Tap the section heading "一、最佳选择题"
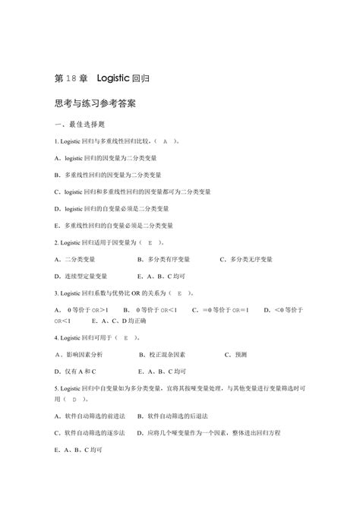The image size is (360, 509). click(x=83, y=124)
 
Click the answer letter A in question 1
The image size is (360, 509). click(x=165, y=141)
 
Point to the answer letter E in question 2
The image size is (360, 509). click(x=150, y=242)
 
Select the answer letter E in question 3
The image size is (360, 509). click(x=178, y=292)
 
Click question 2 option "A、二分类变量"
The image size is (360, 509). click(x=80, y=259)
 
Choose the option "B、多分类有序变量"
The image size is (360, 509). click(x=163, y=259)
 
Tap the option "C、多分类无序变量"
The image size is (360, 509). click(x=246, y=259)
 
